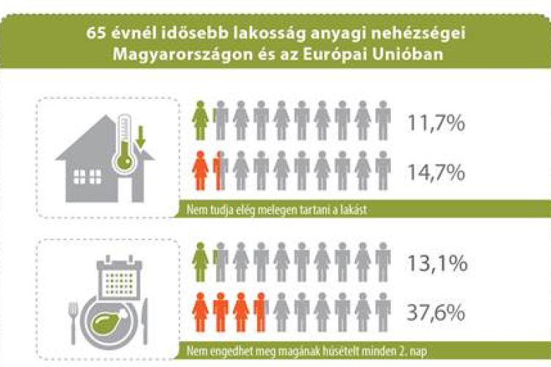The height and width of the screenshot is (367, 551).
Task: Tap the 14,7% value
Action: [x=436, y=172]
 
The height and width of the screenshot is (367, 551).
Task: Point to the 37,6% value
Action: [x=436, y=313]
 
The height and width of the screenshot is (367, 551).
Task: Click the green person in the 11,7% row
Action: [x=199, y=120]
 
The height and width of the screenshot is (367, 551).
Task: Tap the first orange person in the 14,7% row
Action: [x=199, y=171]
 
